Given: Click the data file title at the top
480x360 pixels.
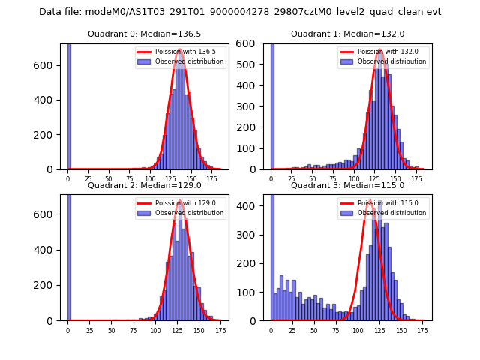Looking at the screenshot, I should point(240,12).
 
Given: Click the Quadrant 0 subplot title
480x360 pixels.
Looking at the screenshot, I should point(144,34).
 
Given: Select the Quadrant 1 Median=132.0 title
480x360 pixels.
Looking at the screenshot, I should point(347,34).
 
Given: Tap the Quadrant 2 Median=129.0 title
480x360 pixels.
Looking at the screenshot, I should point(144,185).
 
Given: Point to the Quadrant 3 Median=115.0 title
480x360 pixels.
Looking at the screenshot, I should point(347,185).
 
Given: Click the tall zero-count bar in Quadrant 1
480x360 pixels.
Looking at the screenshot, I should point(272,105).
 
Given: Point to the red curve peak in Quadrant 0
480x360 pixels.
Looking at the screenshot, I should point(180,49).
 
